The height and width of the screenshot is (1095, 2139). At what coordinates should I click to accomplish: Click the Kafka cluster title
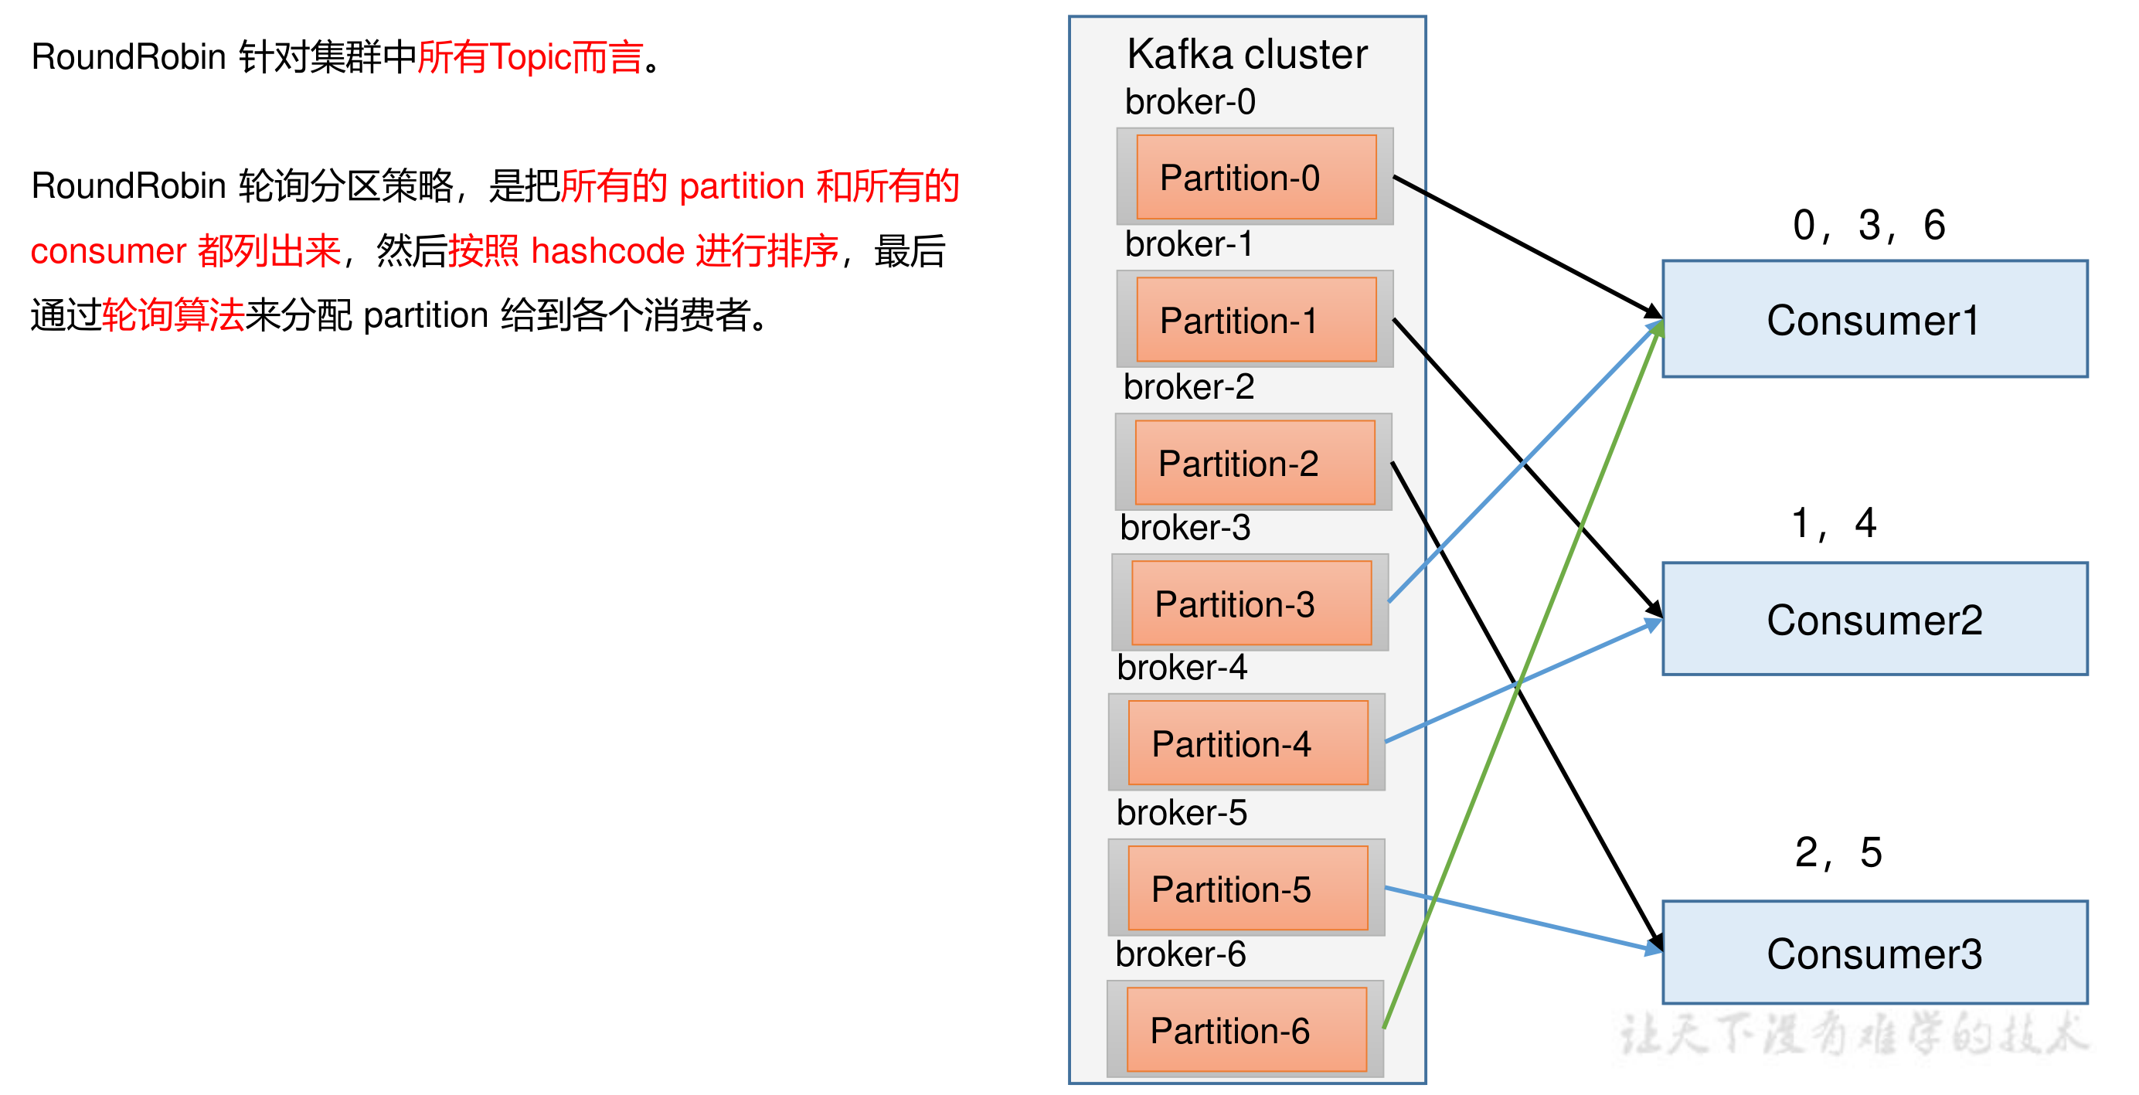tap(1246, 55)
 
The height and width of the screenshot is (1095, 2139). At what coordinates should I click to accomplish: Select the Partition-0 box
tap(1256, 177)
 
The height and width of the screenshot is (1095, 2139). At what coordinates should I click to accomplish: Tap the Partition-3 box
tap(1250, 603)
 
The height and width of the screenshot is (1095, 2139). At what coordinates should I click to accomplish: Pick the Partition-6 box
tap(1246, 1029)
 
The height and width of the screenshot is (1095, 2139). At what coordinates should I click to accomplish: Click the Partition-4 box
tap(1247, 742)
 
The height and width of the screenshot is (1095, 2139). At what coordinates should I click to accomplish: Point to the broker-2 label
tap(1189, 387)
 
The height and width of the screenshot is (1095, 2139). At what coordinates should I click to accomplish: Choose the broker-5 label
tap(1181, 812)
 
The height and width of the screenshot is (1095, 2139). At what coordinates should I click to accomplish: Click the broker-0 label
tap(1189, 102)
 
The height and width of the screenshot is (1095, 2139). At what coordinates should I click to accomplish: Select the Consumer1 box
tap(1873, 320)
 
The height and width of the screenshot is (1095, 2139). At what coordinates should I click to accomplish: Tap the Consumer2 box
tap(1873, 619)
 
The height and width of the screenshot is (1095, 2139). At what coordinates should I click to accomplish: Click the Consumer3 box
tap(1873, 952)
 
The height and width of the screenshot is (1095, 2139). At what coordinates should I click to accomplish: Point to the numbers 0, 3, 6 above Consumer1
tap(1869, 225)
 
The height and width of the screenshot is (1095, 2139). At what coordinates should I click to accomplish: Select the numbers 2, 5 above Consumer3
tap(1838, 852)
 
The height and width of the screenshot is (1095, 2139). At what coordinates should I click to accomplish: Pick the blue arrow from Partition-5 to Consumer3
tap(1519, 919)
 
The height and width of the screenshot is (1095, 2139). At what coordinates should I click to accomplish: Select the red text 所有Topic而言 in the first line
tap(530, 57)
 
